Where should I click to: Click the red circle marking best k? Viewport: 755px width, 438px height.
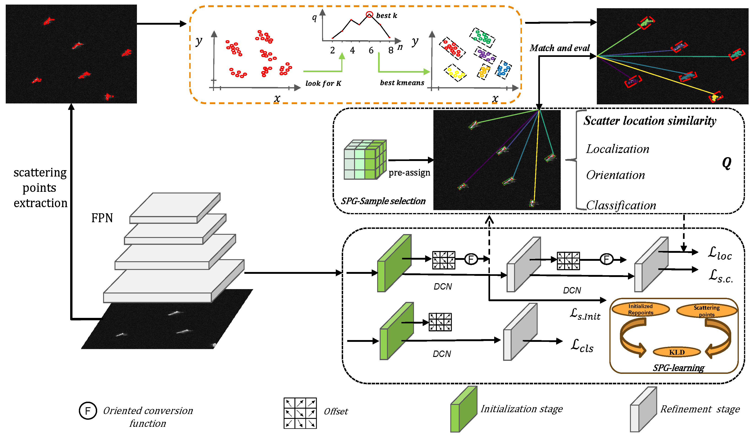(369, 14)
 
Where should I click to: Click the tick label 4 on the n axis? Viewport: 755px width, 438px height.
(352, 50)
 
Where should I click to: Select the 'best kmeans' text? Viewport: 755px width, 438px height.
(402, 83)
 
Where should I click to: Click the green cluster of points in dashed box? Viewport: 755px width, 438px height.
(482, 37)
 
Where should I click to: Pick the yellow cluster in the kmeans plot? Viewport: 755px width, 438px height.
(455, 73)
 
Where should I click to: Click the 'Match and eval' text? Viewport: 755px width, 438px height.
(559, 48)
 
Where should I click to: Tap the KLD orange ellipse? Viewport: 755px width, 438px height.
(677, 352)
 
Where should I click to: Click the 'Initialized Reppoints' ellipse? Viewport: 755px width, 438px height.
(640, 309)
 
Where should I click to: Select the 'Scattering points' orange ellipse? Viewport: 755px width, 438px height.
(707, 311)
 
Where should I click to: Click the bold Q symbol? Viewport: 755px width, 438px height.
(726, 163)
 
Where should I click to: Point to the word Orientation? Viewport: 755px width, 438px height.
(615, 175)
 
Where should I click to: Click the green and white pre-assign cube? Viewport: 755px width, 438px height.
(365, 160)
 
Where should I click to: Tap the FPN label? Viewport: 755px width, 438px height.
(102, 218)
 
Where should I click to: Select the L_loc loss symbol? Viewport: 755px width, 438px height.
(720, 253)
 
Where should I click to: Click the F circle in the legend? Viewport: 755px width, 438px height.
(88, 411)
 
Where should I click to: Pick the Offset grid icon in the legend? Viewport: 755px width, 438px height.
(300, 413)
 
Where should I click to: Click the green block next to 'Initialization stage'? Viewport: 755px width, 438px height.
(464, 409)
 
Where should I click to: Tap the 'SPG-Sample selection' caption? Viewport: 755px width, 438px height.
(383, 201)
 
